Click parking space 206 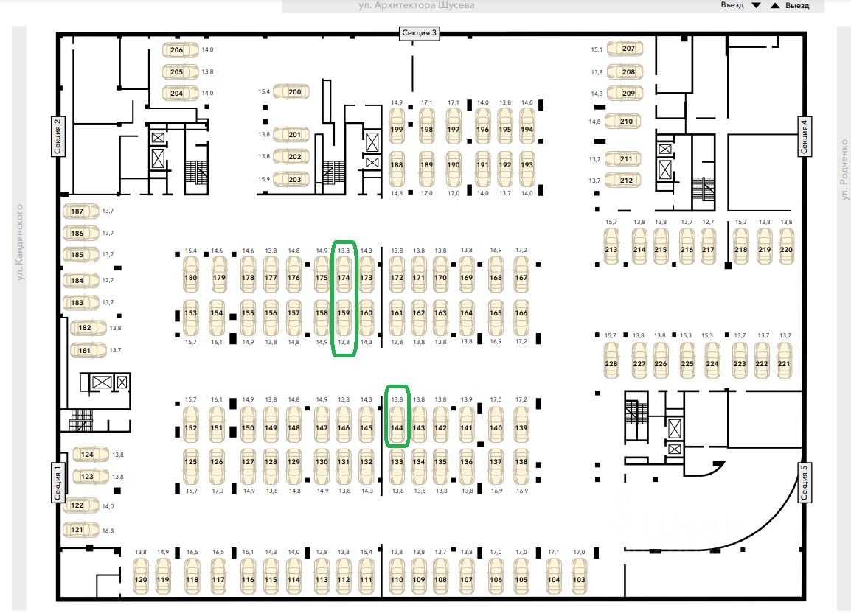[177, 50]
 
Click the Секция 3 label [420, 33]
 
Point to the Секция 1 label [57, 483]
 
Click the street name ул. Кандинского [20, 242]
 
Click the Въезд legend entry [740, 6]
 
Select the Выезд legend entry [790, 6]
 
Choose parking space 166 [521, 313]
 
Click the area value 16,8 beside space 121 [108, 531]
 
